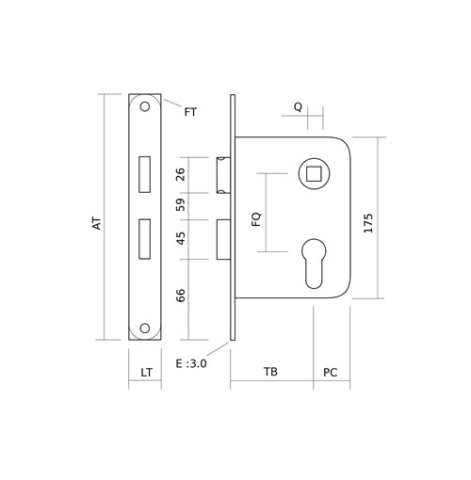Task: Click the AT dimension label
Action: point(97,223)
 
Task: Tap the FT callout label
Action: point(190,112)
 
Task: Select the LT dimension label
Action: point(146,373)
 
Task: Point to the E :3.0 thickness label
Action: point(191,363)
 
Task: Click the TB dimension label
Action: point(270,372)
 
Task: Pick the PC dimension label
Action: point(331,373)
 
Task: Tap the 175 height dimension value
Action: point(368,223)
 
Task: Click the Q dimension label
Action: point(298,107)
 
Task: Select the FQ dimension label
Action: point(256,219)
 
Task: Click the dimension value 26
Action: point(180,174)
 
